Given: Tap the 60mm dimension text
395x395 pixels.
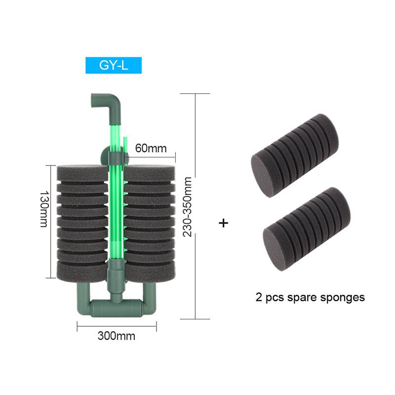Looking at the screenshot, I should point(151,148).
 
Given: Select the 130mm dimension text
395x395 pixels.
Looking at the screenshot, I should point(43,209).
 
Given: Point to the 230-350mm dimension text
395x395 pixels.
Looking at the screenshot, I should point(187,207).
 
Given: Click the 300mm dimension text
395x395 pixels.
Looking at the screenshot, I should point(117,337).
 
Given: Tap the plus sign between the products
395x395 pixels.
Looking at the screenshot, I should point(224,223).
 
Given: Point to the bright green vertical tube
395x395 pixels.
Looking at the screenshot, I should point(115,207).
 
